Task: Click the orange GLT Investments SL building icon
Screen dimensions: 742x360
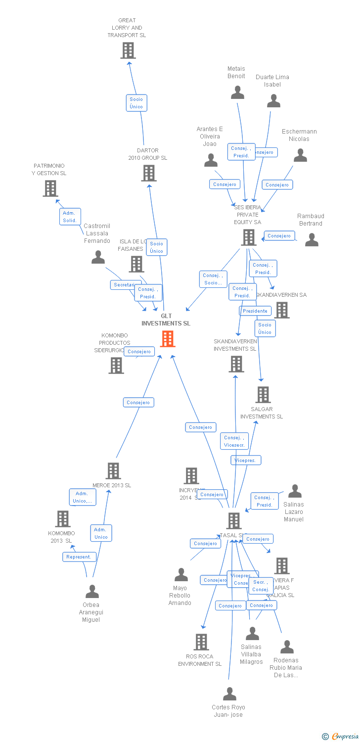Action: tap(168, 339)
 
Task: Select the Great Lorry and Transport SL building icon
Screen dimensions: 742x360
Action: tap(128, 50)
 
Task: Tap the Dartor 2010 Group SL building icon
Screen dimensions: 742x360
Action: tap(149, 173)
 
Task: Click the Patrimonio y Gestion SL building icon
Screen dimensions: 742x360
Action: tap(50, 188)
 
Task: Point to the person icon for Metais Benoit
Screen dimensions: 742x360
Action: tap(237, 93)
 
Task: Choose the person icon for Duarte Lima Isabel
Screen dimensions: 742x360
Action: tap(273, 101)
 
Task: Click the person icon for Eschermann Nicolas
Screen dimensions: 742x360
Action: tap(300, 155)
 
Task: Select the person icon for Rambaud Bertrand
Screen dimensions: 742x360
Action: tap(312, 240)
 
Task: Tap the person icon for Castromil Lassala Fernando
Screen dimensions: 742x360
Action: tap(98, 257)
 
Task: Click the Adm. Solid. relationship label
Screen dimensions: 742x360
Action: tap(70, 217)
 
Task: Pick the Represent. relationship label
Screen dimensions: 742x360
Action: tap(79, 557)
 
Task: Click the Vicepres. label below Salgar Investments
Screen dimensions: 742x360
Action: tap(246, 461)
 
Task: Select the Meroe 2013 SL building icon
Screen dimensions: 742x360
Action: tap(113, 471)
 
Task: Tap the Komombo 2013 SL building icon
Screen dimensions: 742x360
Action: tap(62, 519)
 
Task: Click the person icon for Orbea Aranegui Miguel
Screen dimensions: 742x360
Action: tap(92, 592)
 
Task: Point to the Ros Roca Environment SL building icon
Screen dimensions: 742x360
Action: tap(201, 642)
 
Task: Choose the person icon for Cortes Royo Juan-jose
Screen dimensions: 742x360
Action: tap(229, 694)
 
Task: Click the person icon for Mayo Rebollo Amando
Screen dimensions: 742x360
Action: tap(181, 575)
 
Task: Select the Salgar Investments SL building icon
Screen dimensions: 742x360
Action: tap(263, 395)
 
